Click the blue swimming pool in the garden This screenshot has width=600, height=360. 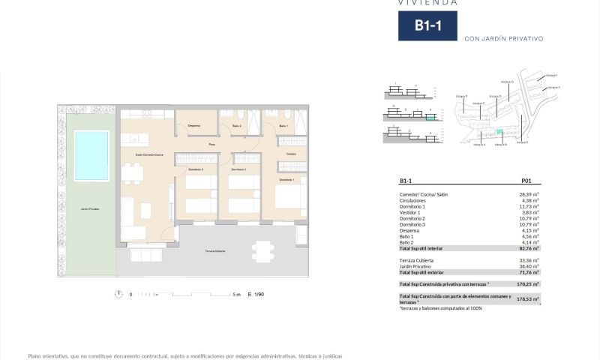click(x=91, y=155)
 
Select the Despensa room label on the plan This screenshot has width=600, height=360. click(x=194, y=125)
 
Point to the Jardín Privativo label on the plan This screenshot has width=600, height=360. click(x=91, y=209)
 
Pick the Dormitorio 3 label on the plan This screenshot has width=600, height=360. click(x=196, y=169)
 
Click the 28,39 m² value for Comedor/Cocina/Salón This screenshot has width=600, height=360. click(x=529, y=195)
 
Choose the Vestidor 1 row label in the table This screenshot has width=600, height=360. click(x=411, y=212)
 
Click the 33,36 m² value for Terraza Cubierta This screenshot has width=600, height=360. click(x=529, y=259)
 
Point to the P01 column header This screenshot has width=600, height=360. click(x=526, y=181)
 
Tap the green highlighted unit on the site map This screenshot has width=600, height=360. click(x=500, y=132)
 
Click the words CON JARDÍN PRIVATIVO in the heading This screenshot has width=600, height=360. click(x=503, y=38)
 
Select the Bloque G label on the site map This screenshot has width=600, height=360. click(x=506, y=82)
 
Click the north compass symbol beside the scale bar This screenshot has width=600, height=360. click(x=118, y=294)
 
